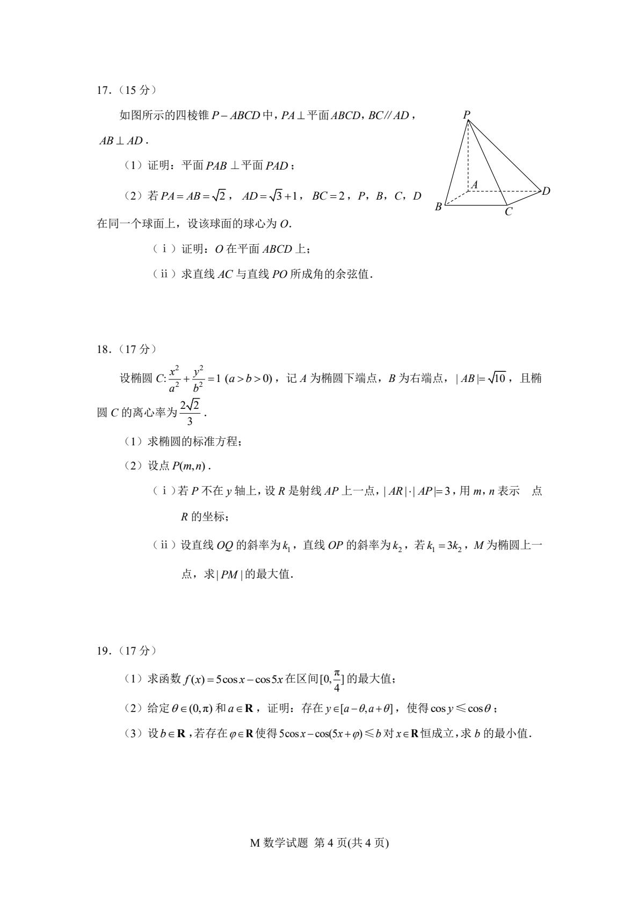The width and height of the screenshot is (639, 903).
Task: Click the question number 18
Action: click(x=102, y=349)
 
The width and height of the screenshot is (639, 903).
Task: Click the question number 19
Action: click(x=102, y=651)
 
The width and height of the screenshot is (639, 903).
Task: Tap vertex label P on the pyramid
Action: click(x=466, y=114)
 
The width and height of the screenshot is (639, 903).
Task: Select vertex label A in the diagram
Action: click(x=475, y=184)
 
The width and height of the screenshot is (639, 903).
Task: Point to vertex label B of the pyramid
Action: click(x=438, y=207)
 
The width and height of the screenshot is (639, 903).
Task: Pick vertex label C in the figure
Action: click(x=508, y=212)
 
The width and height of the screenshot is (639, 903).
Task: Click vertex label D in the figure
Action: click(x=546, y=191)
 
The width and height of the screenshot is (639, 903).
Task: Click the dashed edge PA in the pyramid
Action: click(x=468, y=156)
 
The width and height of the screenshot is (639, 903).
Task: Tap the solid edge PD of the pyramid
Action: click(x=505, y=156)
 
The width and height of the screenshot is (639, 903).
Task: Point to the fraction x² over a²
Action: click(x=173, y=379)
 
